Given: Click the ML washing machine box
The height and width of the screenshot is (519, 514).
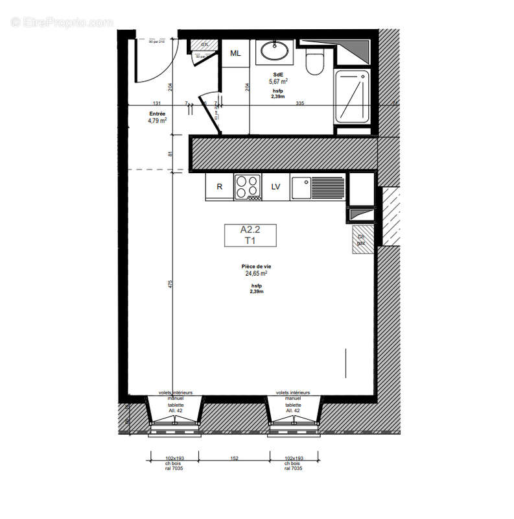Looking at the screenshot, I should pos(235,53).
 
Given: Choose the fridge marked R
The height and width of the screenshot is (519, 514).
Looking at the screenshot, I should pos(220,187).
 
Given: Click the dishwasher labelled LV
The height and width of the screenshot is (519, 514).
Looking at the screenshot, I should pos(275,187).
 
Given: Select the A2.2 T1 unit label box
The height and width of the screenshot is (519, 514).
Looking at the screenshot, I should pos(250,235).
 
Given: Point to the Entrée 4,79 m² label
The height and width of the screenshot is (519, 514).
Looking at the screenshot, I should pos(158,117).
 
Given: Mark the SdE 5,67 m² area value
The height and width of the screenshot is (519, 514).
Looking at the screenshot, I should pos(279,82).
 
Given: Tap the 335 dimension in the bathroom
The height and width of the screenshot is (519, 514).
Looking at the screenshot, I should pos(299,103).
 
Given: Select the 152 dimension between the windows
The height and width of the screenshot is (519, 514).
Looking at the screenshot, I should pos(234,459).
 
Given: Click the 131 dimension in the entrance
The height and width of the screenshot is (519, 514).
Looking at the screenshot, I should pos(156,103).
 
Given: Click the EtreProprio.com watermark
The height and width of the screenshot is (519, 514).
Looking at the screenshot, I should pos(62,22).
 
